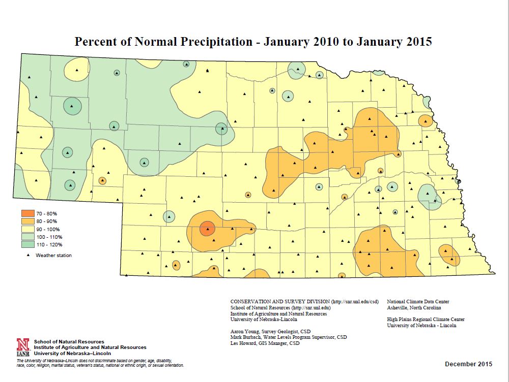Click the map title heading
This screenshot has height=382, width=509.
click(x=253, y=42)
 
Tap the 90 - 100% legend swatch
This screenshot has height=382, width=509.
click(x=25, y=230)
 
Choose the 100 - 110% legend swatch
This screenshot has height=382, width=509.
click(x=25, y=237)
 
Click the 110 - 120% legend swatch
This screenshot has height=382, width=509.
click(x=25, y=245)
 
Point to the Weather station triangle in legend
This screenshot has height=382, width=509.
click(x=25, y=255)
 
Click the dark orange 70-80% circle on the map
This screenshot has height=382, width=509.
click(x=207, y=229)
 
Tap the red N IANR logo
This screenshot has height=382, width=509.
click(x=22, y=347)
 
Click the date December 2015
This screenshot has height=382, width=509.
click(x=468, y=364)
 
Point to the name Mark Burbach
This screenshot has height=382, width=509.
click(x=246, y=337)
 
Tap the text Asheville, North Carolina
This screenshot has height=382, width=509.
click(x=414, y=307)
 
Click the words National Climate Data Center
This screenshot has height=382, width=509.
click(x=419, y=301)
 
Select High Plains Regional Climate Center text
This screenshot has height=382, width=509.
click(x=426, y=320)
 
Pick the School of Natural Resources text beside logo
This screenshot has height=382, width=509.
click(x=69, y=341)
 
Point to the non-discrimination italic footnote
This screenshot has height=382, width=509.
click(x=100, y=363)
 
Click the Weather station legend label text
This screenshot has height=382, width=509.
click(x=53, y=256)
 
